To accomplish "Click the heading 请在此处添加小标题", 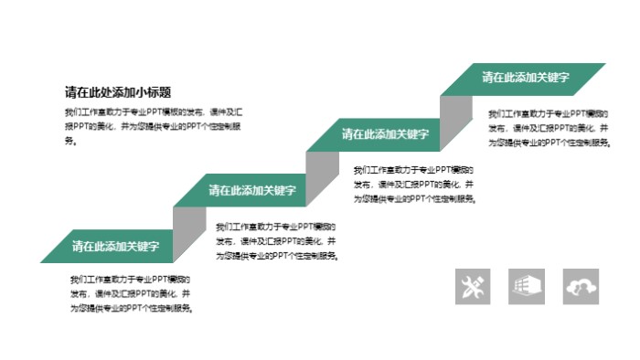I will (x=119, y=91).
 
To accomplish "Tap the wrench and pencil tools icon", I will (x=473, y=286).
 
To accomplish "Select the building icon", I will (x=527, y=286).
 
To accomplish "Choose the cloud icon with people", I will (x=581, y=286).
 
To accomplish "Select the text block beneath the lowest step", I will (x=132, y=293).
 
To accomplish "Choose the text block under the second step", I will (x=276, y=240).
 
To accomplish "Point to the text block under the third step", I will (x=414, y=184).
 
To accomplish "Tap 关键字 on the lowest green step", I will (x=143, y=246).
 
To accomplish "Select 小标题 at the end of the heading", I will (x=155, y=91).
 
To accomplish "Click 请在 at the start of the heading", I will (x=76, y=91).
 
